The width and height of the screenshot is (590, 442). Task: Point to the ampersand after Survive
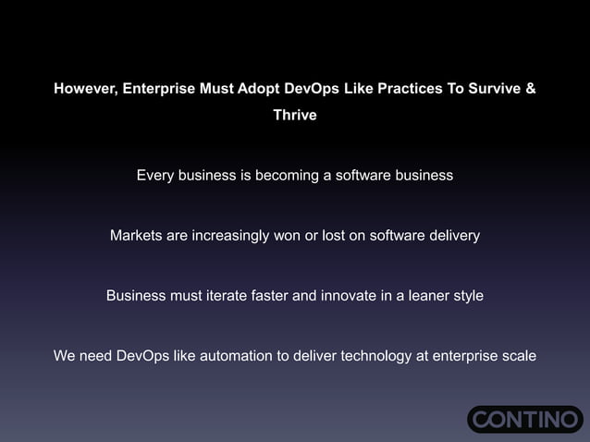(x=530, y=90)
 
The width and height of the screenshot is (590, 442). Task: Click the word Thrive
(x=295, y=116)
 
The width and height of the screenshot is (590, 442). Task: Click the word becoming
(x=279, y=175)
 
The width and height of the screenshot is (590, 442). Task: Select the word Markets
(x=137, y=235)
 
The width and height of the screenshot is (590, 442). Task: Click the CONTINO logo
(x=525, y=419)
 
